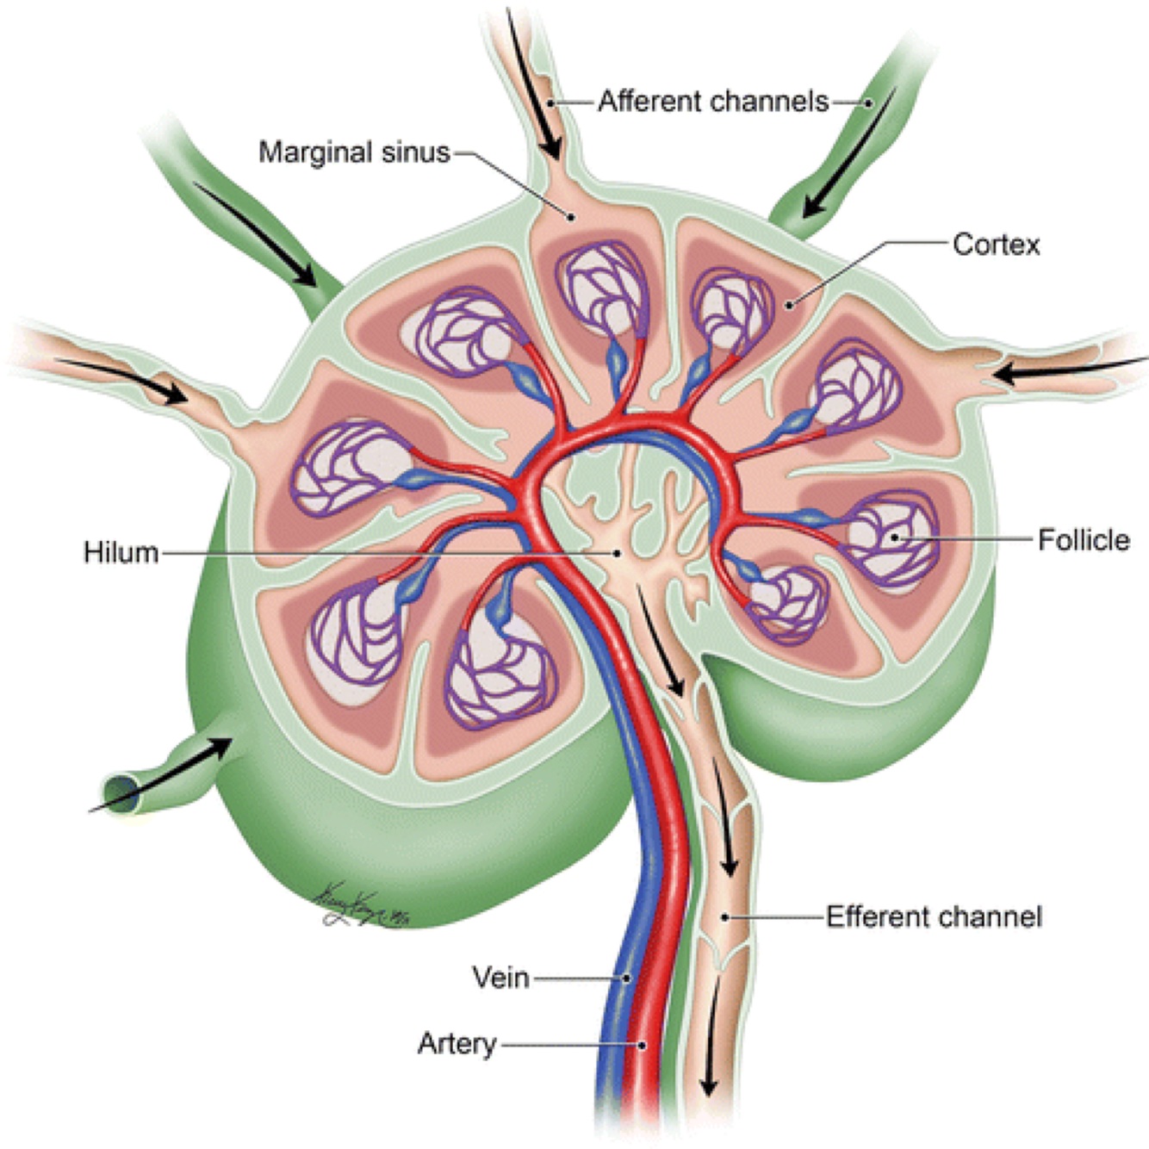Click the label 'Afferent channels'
click(713, 102)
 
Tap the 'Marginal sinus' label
click(354, 153)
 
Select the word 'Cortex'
click(996, 245)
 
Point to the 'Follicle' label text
click(1083, 540)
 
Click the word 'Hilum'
click(121, 552)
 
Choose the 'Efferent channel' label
click(934, 916)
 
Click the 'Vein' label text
click(500, 978)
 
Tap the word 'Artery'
click(456, 1044)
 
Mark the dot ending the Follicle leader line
click(896, 537)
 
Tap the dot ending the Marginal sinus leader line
click(569, 215)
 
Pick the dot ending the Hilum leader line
click(617, 552)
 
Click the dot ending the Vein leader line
click(627, 978)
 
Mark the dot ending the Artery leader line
click(642, 1045)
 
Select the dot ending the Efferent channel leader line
click(726, 917)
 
